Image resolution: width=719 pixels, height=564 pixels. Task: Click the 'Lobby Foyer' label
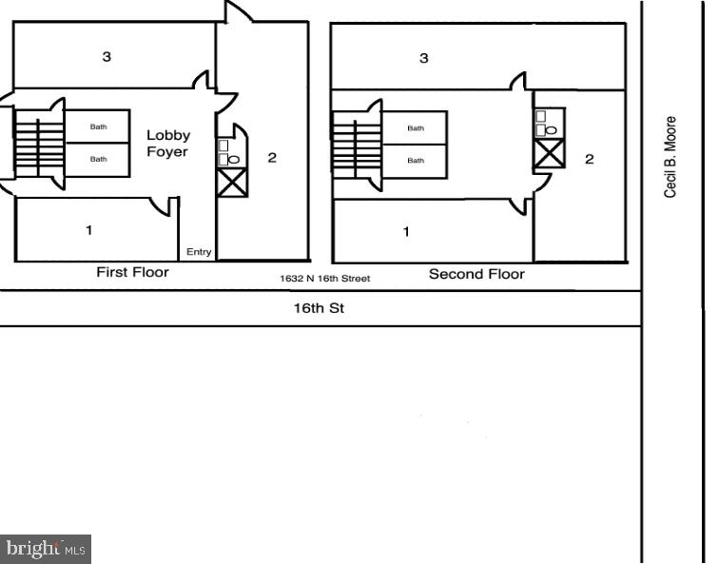point(167,143)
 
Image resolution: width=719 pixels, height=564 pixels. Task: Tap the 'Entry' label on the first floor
point(199,252)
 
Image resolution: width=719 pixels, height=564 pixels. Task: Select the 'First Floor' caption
point(132,272)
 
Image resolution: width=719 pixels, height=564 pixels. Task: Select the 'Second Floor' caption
point(476,274)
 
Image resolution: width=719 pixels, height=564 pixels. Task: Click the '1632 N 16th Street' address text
point(324,279)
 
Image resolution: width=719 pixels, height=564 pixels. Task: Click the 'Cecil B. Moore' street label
point(670,157)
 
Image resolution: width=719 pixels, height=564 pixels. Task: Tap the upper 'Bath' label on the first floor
point(98,126)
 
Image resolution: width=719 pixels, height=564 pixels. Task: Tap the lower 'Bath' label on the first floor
point(98,159)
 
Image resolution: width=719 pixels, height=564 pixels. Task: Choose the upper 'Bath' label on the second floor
point(416,127)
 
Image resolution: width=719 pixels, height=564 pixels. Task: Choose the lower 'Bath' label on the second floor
point(416,160)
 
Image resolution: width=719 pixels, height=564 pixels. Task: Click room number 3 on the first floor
point(107,56)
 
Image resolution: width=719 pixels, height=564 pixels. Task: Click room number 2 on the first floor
point(272,157)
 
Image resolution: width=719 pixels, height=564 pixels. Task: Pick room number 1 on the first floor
point(89,229)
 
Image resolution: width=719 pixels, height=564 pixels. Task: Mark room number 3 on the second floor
point(424,58)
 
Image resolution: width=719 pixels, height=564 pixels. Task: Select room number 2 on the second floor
point(590,159)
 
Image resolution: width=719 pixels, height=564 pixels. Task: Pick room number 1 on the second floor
point(407,231)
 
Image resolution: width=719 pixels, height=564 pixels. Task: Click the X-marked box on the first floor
point(232,182)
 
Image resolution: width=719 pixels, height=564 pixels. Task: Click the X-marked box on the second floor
point(549,152)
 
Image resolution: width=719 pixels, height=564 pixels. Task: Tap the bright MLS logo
point(46,548)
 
